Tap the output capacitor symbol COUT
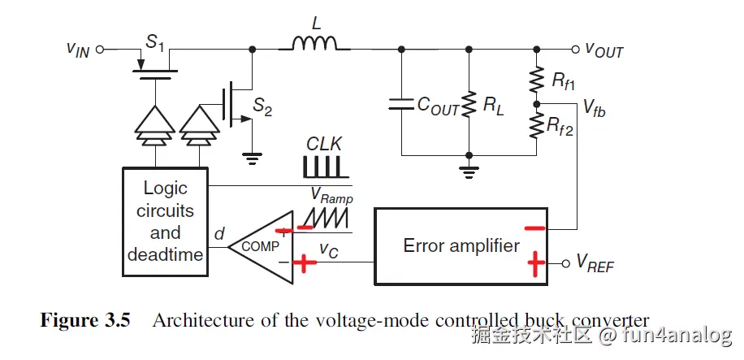point(401,103)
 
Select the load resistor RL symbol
point(469,103)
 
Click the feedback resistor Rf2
point(536,124)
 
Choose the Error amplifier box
point(461,245)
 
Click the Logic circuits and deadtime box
point(165,221)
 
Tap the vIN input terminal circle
point(101,49)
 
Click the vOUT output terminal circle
point(575,49)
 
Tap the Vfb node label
point(594,109)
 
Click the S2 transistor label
point(262,105)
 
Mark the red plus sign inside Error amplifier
point(536,263)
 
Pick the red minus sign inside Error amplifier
point(534,228)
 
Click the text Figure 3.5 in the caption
point(85,319)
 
